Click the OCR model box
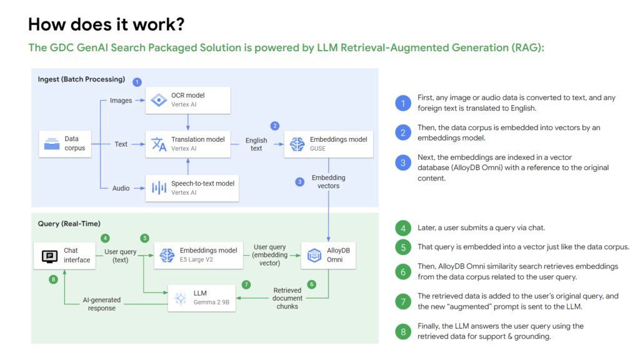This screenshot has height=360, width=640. pyautogui.click(x=188, y=100)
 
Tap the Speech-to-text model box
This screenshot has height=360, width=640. pyautogui.click(x=192, y=187)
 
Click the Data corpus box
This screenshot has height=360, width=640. pyautogui.click(x=65, y=144)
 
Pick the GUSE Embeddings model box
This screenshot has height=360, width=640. pyautogui.click(x=328, y=144)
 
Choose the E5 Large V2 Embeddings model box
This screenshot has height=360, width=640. pyautogui.click(x=198, y=255)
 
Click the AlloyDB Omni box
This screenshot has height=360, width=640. pyautogui.click(x=328, y=255)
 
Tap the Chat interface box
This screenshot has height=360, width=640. pyautogui.click(x=64, y=255)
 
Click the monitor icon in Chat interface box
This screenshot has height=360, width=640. pyautogui.click(x=49, y=256)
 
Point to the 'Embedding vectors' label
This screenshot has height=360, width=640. pyautogui.click(x=328, y=182)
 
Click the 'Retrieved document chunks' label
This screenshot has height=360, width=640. pyautogui.click(x=287, y=298)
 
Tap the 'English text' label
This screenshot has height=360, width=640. pyautogui.click(x=256, y=144)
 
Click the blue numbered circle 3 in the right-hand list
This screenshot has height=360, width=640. pyautogui.click(x=403, y=162)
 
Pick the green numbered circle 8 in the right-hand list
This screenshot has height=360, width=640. pyautogui.click(x=403, y=331)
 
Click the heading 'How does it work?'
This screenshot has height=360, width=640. pyautogui.click(x=106, y=24)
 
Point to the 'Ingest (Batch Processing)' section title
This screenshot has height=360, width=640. pyautogui.click(x=81, y=79)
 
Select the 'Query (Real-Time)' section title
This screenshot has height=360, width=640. pyautogui.click(x=69, y=224)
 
